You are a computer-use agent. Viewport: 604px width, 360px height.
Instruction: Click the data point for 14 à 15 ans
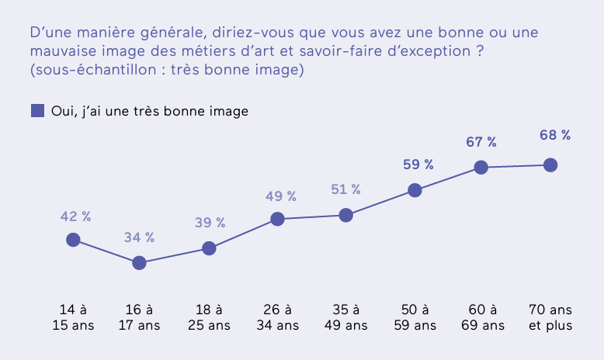(73, 240)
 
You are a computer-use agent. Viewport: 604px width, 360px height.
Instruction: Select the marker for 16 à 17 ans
(140, 263)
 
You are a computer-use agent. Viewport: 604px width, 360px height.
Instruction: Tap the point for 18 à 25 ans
(209, 248)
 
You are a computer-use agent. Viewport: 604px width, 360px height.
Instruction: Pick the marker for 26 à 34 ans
(276, 220)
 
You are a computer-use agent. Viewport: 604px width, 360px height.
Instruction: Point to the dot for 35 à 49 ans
(346, 215)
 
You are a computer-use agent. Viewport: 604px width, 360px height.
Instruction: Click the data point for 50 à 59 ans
(415, 190)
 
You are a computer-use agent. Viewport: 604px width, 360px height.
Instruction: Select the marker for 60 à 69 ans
(481, 167)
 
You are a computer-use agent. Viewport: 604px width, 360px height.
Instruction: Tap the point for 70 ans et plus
(550, 164)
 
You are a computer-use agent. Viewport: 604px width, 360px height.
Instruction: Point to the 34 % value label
(140, 237)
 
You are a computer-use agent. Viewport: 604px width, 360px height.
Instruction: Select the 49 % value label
(280, 196)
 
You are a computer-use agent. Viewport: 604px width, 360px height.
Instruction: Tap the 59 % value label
(418, 164)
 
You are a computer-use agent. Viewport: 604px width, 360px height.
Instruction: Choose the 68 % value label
(555, 135)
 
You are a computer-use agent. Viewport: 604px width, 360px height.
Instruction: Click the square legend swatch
(37, 110)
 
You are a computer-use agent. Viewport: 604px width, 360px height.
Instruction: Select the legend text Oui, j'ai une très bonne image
(150, 111)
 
